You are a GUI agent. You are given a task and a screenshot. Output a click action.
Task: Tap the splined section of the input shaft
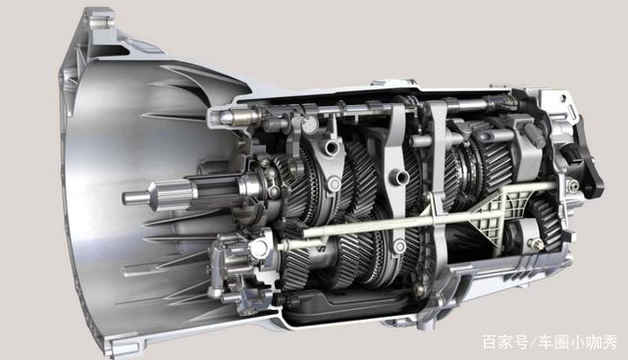[x=174, y=195]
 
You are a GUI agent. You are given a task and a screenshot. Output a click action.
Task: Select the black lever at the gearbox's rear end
[x=588, y=160]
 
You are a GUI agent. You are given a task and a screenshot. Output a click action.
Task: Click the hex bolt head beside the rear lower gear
[x=538, y=243]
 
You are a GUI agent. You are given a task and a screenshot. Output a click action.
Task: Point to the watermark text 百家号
[x=505, y=342]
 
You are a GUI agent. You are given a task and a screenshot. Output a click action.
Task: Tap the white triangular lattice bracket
[x=495, y=214]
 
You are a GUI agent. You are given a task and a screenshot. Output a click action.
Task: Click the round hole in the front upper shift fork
[x=332, y=148]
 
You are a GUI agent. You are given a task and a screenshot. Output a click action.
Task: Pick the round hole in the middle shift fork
[x=401, y=176]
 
